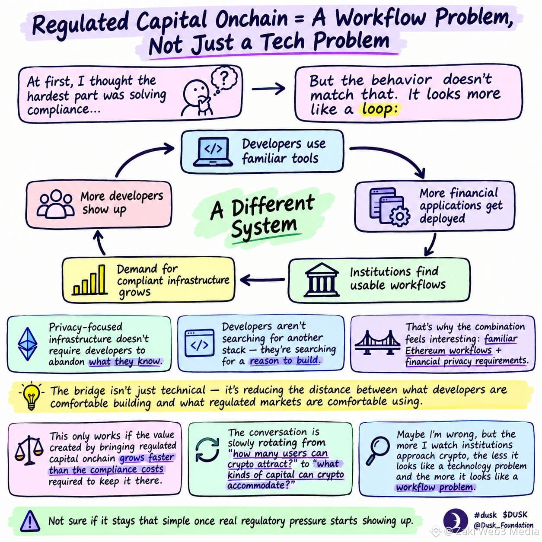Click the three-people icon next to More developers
(56, 204)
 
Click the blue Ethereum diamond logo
(27, 344)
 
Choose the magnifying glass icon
(378, 459)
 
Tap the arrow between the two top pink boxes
(268, 89)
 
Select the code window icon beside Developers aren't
(199, 344)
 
